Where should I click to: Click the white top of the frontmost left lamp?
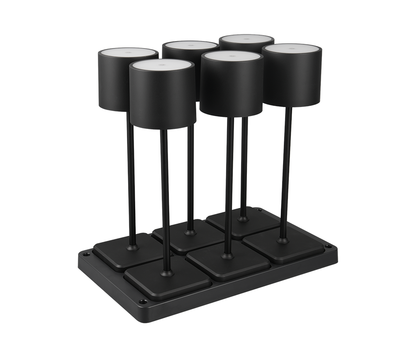[162, 66]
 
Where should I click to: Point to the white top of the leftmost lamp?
[128, 54]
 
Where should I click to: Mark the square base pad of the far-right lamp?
[286, 246]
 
